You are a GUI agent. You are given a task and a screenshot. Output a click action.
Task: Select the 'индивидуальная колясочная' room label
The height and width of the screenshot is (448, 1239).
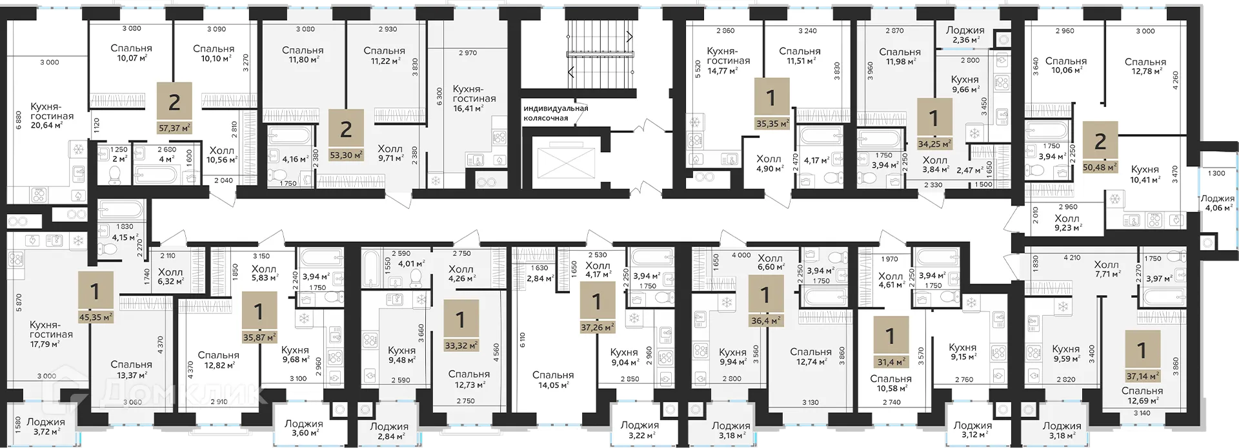(x=556, y=113)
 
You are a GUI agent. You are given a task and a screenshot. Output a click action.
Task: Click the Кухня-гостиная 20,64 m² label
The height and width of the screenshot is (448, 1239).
(x=52, y=116)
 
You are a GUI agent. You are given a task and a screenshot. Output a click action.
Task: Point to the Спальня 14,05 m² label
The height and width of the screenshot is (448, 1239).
(x=553, y=380)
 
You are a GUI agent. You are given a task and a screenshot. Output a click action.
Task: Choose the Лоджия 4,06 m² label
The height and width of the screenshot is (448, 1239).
(x=1217, y=203)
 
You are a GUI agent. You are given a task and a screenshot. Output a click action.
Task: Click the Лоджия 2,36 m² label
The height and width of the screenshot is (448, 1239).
(x=965, y=35)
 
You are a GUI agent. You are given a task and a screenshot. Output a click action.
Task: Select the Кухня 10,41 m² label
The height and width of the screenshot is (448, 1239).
(x=1145, y=175)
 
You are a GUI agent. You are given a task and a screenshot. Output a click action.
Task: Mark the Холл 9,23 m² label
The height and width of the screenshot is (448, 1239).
(x=1067, y=222)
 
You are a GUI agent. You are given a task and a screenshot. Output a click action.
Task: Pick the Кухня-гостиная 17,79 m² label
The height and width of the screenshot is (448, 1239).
(x=51, y=334)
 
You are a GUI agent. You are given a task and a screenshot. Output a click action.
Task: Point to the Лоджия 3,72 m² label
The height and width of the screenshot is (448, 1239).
(x=45, y=426)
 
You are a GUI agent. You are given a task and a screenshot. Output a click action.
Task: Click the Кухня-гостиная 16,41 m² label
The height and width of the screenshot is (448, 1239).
(x=474, y=99)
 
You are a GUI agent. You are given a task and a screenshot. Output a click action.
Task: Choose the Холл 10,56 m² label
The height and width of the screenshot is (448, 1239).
(x=221, y=155)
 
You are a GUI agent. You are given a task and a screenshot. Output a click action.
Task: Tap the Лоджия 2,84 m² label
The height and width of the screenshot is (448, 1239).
(x=389, y=431)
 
